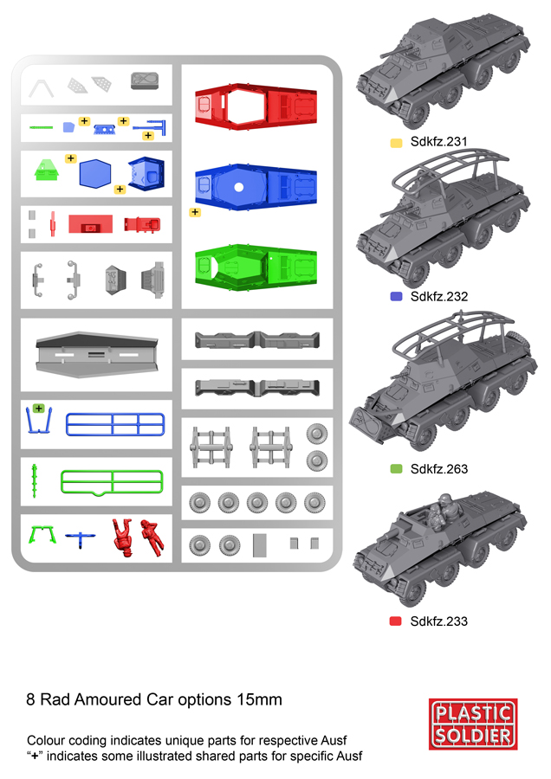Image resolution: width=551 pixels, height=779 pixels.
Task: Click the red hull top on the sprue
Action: [x=256, y=106]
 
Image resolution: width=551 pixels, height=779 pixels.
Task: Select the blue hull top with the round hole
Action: [x=256, y=187]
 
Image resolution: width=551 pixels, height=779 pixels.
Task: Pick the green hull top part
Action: [x=256, y=267]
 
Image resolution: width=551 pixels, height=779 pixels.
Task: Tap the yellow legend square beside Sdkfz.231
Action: [x=396, y=143]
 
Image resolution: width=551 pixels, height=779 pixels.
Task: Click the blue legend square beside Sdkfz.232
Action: [x=396, y=297]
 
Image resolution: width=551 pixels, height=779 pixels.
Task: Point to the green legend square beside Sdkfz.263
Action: [x=396, y=468]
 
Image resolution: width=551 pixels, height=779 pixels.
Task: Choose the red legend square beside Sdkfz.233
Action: [x=396, y=621]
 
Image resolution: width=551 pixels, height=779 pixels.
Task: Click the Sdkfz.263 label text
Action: [x=439, y=469]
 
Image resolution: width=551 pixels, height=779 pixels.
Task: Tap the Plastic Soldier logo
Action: [x=473, y=724]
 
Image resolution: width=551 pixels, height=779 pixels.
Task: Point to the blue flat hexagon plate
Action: [x=95, y=174]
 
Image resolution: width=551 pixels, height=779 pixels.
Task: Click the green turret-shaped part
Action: [x=47, y=170]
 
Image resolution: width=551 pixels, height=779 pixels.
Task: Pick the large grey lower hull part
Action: [x=96, y=355]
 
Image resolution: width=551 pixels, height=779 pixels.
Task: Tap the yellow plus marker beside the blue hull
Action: [x=195, y=212]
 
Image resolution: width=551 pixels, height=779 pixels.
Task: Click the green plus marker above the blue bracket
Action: [x=39, y=409]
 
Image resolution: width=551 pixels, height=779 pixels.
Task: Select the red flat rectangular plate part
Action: [x=90, y=224]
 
